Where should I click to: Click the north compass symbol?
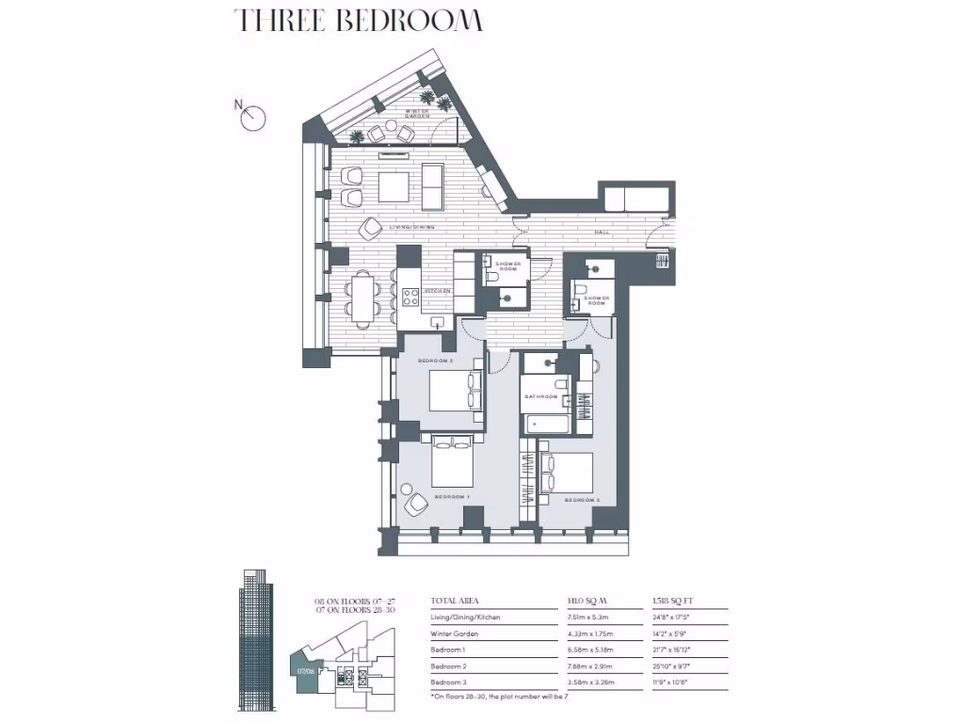pyautogui.click(x=253, y=117)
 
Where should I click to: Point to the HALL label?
pyautogui.click(x=602, y=232)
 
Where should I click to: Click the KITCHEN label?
pyautogui.click(x=439, y=292)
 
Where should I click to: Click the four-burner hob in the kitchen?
pyautogui.click(x=411, y=297)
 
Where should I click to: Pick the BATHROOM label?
pyautogui.click(x=541, y=397)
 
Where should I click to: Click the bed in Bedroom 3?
pyautogui.click(x=567, y=472)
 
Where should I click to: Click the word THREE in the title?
pyautogui.click(x=280, y=20)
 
